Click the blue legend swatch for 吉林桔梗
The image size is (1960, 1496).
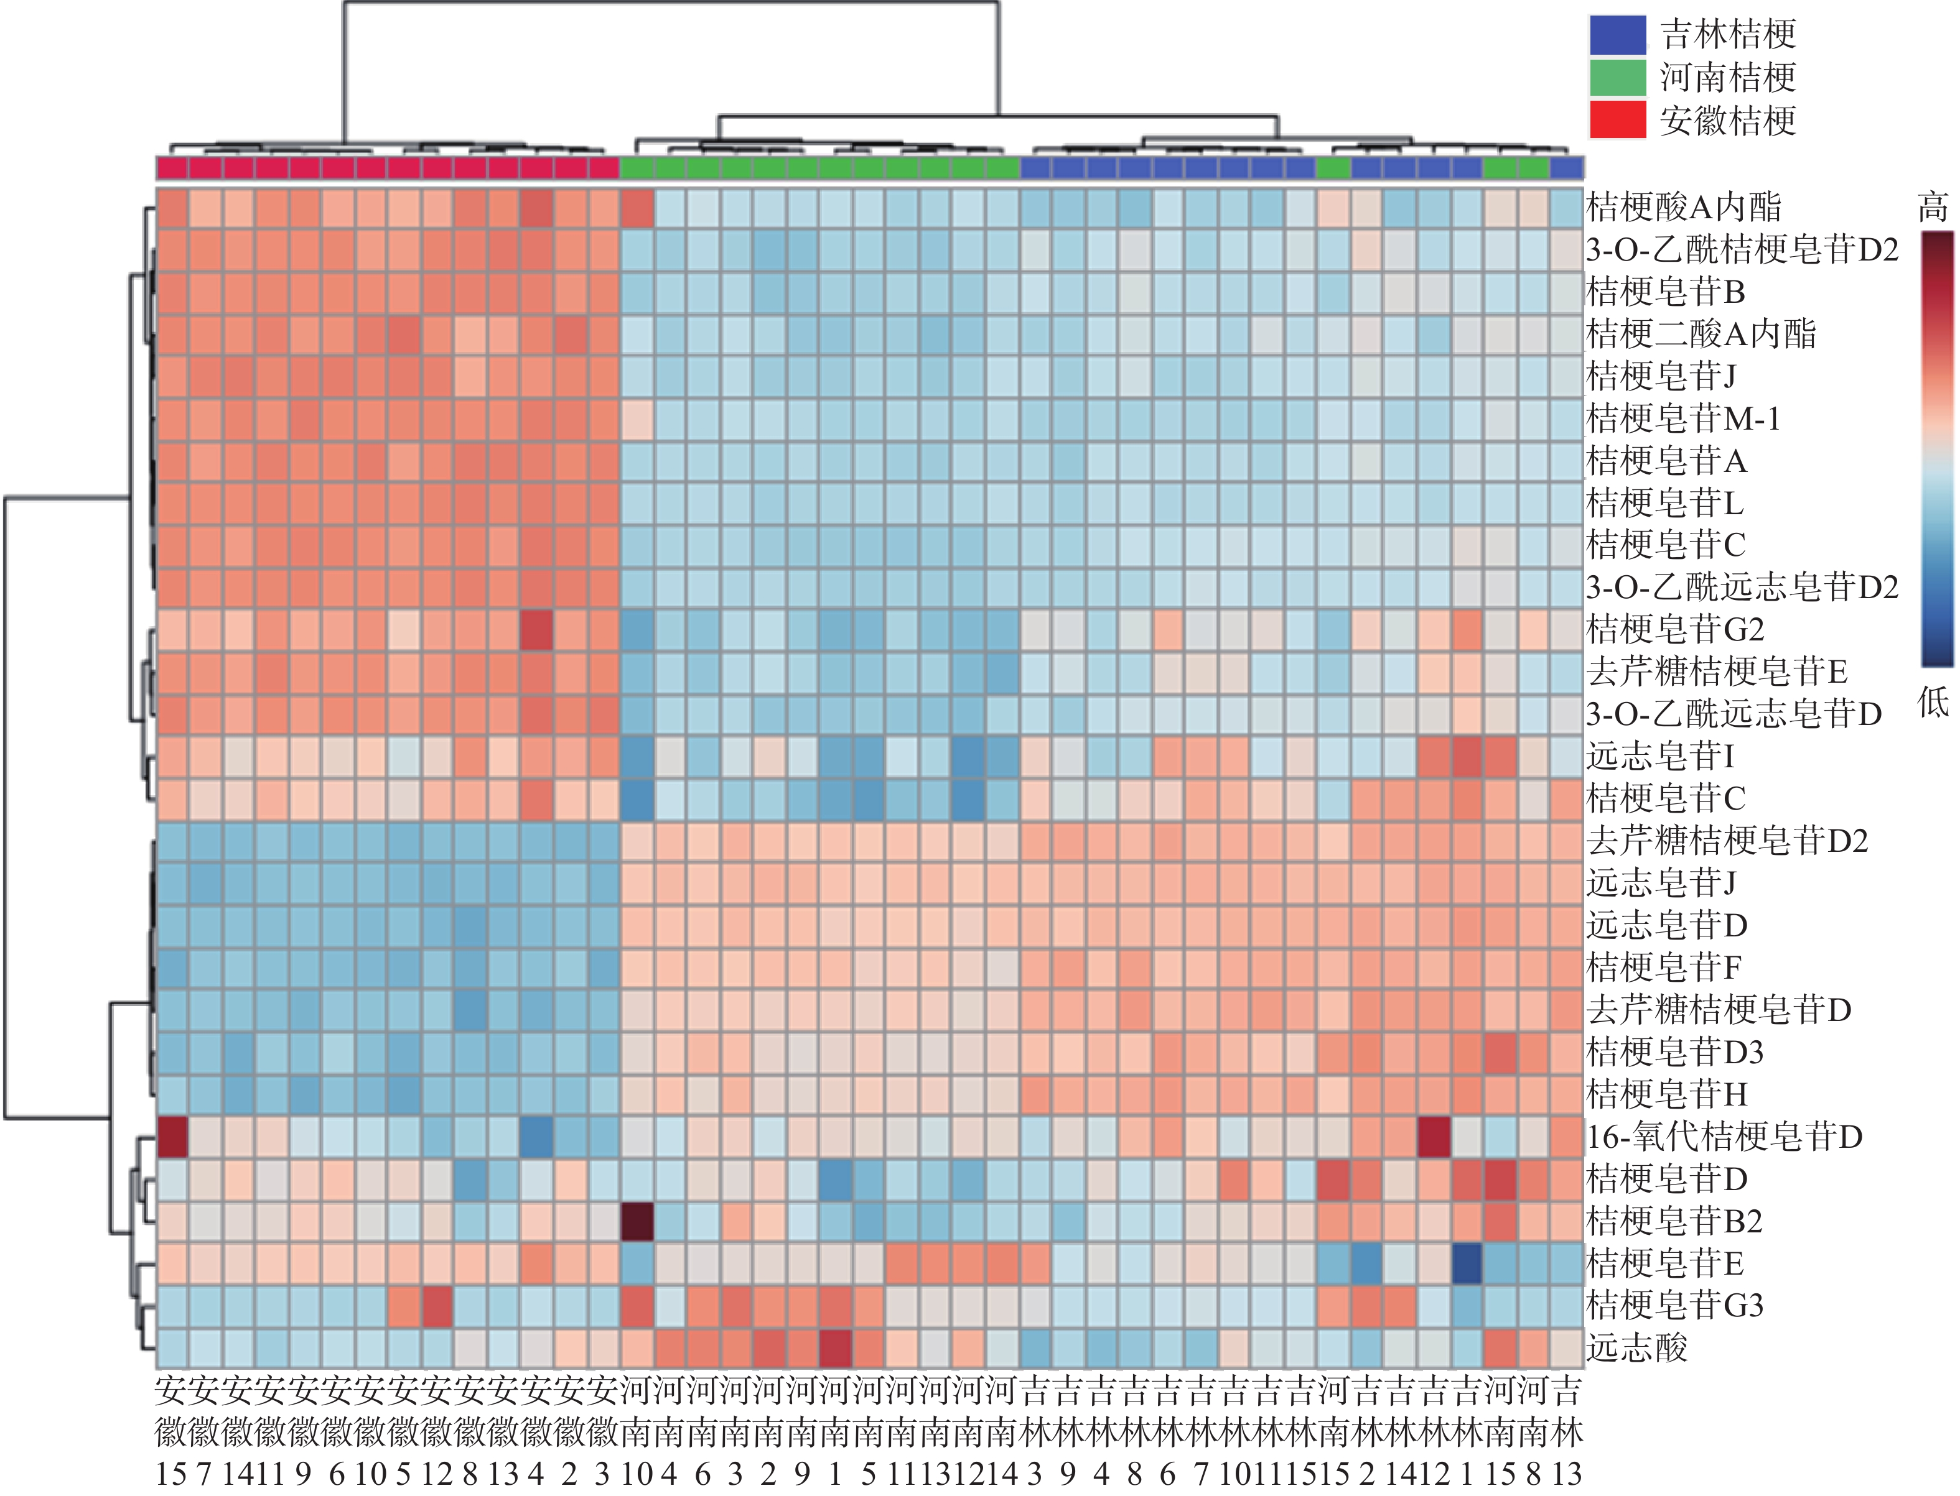(x=1618, y=35)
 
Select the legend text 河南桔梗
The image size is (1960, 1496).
(x=1727, y=78)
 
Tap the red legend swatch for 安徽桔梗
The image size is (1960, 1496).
(x=1618, y=119)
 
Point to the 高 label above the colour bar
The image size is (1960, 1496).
(x=1933, y=208)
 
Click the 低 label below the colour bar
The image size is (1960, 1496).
(x=1933, y=703)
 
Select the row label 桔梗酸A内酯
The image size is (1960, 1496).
(x=1684, y=208)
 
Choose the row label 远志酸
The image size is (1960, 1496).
(x=1638, y=1348)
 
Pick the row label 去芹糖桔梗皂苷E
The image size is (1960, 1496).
(x=1717, y=672)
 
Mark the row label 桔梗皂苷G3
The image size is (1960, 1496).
(x=1675, y=1306)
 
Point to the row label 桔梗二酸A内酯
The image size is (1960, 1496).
(x=1701, y=334)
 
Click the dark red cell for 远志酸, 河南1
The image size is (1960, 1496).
(x=836, y=1348)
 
